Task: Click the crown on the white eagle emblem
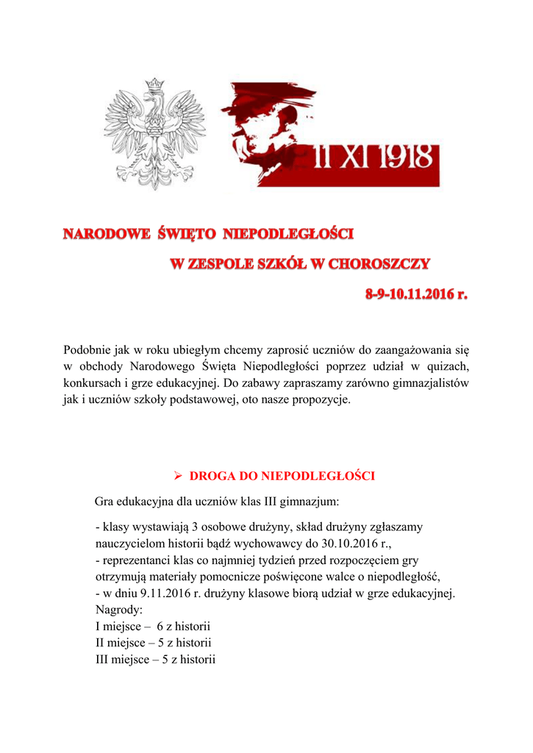(x=154, y=85)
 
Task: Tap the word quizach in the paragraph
(x=448, y=366)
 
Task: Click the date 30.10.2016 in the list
(x=337, y=544)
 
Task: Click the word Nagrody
(x=121, y=610)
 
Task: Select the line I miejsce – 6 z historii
(x=154, y=627)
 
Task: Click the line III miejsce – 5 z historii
(x=155, y=660)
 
